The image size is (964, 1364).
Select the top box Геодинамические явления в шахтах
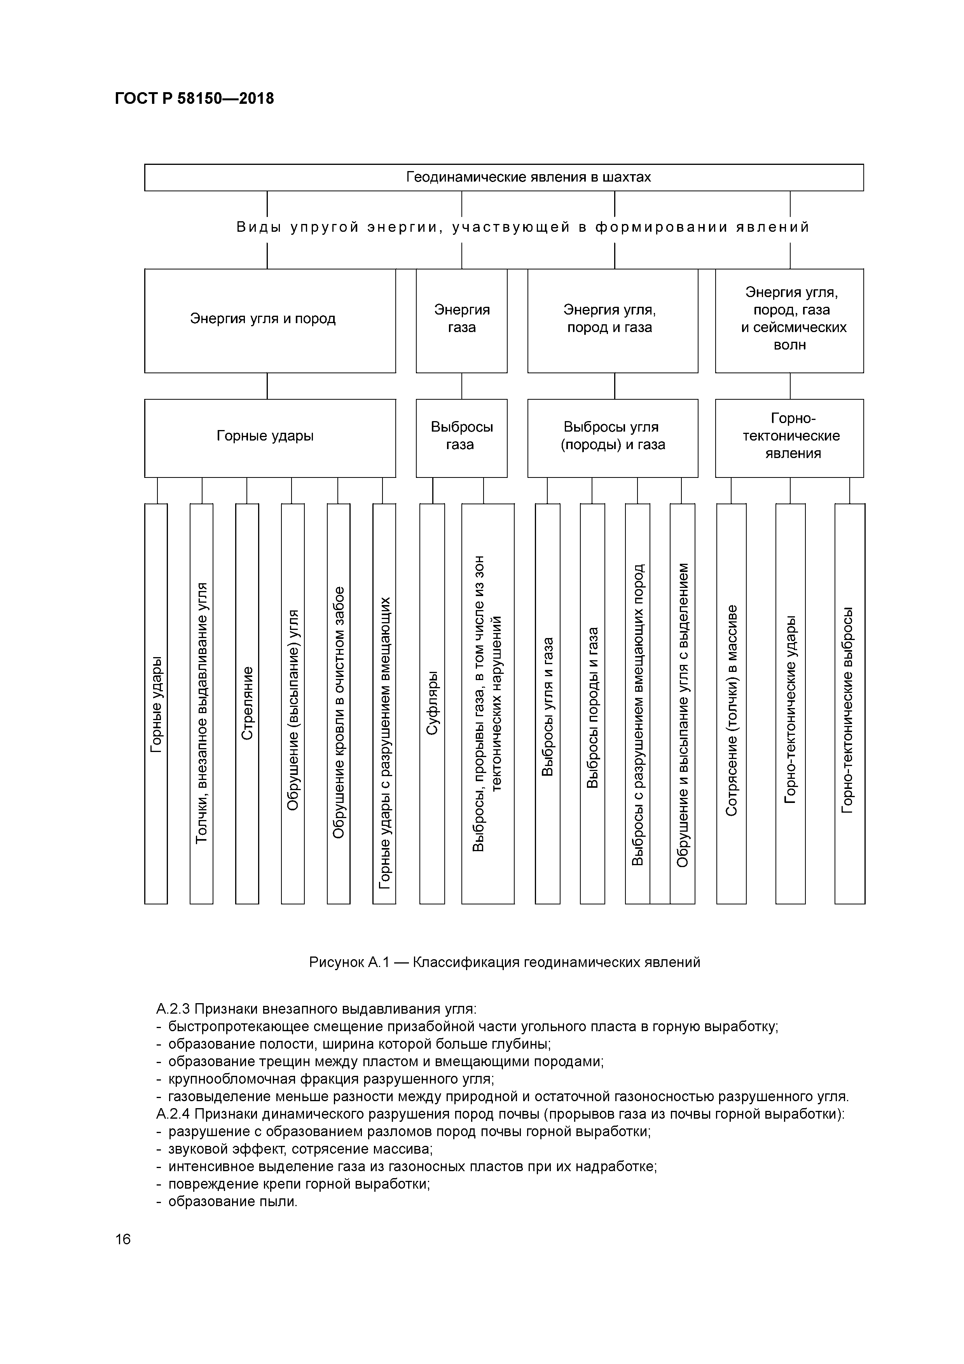[x=504, y=177]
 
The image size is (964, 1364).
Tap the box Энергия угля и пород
[x=270, y=320]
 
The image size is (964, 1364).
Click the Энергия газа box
[x=461, y=320]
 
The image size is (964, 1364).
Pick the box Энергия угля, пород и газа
[x=612, y=320]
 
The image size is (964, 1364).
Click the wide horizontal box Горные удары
[x=270, y=438]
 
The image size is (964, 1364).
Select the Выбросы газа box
[x=461, y=438]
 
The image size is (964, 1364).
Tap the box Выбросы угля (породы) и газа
[x=612, y=438]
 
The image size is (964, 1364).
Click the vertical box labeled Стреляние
[x=247, y=704]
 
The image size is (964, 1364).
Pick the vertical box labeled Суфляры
[x=432, y=704]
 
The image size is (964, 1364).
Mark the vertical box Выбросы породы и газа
[x=592, y=704]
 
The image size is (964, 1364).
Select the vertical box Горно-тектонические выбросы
[x=849, y=704]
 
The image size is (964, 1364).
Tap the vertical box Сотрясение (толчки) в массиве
[x=731, y=704]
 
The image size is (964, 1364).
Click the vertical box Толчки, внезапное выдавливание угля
[x=201, y=704]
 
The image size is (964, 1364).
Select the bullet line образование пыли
[x=232, y=1201]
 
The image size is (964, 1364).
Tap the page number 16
[x=123, y=1239]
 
